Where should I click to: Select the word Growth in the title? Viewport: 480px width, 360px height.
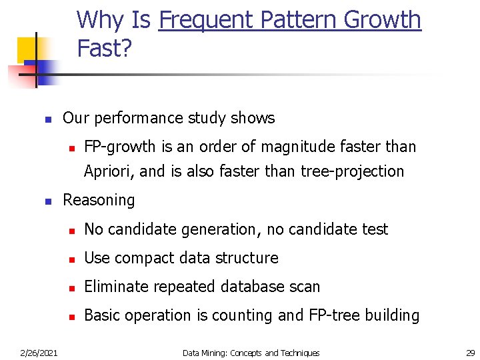(x=383, y=20)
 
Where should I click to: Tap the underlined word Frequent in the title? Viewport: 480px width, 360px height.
(x=207, y=20)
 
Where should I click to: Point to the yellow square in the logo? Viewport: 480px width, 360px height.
(x=27, y=49)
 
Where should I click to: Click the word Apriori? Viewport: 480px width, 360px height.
(x=109, y=171)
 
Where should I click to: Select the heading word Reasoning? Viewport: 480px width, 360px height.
(x=99, y=200)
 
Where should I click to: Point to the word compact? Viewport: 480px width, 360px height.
(x=141, y=258)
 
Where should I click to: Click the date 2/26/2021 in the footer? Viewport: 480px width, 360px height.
(x=38, y=353)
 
